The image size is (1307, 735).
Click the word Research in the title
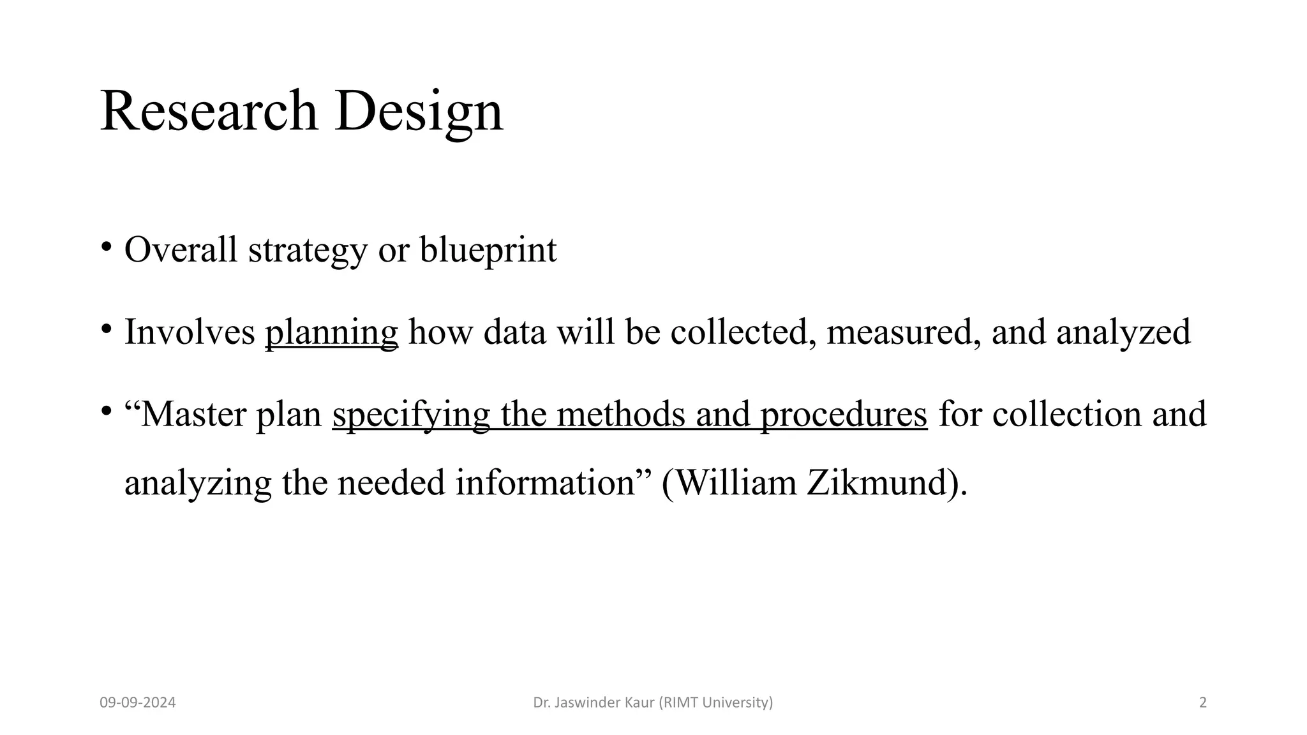(x=208, y=111)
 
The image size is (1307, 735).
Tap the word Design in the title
(x=419, y=112)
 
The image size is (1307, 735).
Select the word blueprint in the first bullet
(x=488, y=249)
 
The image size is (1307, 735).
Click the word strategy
(x=308, y=249)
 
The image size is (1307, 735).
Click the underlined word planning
(x=331, y=332)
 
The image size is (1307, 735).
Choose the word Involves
(x=189, y=332)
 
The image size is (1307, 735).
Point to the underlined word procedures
(x=844, y=415)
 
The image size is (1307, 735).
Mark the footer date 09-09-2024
(x=138, y=703)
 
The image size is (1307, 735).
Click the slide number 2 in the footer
(x=1203, y=703)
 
